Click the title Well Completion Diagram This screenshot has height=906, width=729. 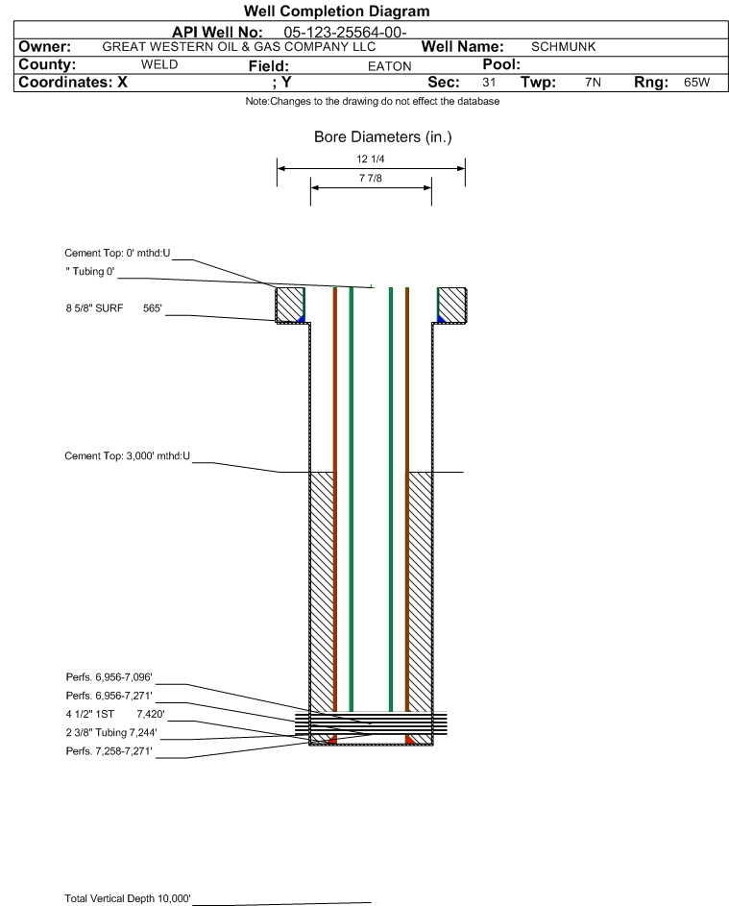(x=336, y=12)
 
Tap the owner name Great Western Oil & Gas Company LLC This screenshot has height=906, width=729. (x=238, y=46)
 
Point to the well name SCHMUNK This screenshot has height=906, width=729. (x=564, y=46)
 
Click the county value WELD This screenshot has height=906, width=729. (x=159, y=65)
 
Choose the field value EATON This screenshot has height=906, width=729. (x=389, y=66)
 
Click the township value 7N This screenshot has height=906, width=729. (x=593, y=83)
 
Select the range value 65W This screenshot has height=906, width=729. (x=696, y=83)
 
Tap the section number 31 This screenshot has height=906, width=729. (x=489, y=83)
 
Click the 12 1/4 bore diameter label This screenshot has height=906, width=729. (x=371, y=159)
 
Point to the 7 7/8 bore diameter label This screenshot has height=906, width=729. (x=371, y=179)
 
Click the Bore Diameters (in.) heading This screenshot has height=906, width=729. (x=382, y=137)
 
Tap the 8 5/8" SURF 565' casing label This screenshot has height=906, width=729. (x=113, y=309)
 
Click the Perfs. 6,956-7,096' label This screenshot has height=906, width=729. (x=109, y=678)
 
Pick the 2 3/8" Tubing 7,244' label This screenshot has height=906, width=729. (x=110, y=732)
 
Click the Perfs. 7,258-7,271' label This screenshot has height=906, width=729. (x=109, y=750)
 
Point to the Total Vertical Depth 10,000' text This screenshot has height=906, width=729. (x=128, y=898)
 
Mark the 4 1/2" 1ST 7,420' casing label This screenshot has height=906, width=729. (x=109, y=714)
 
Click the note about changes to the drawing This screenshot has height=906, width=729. (x=372, y=102)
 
